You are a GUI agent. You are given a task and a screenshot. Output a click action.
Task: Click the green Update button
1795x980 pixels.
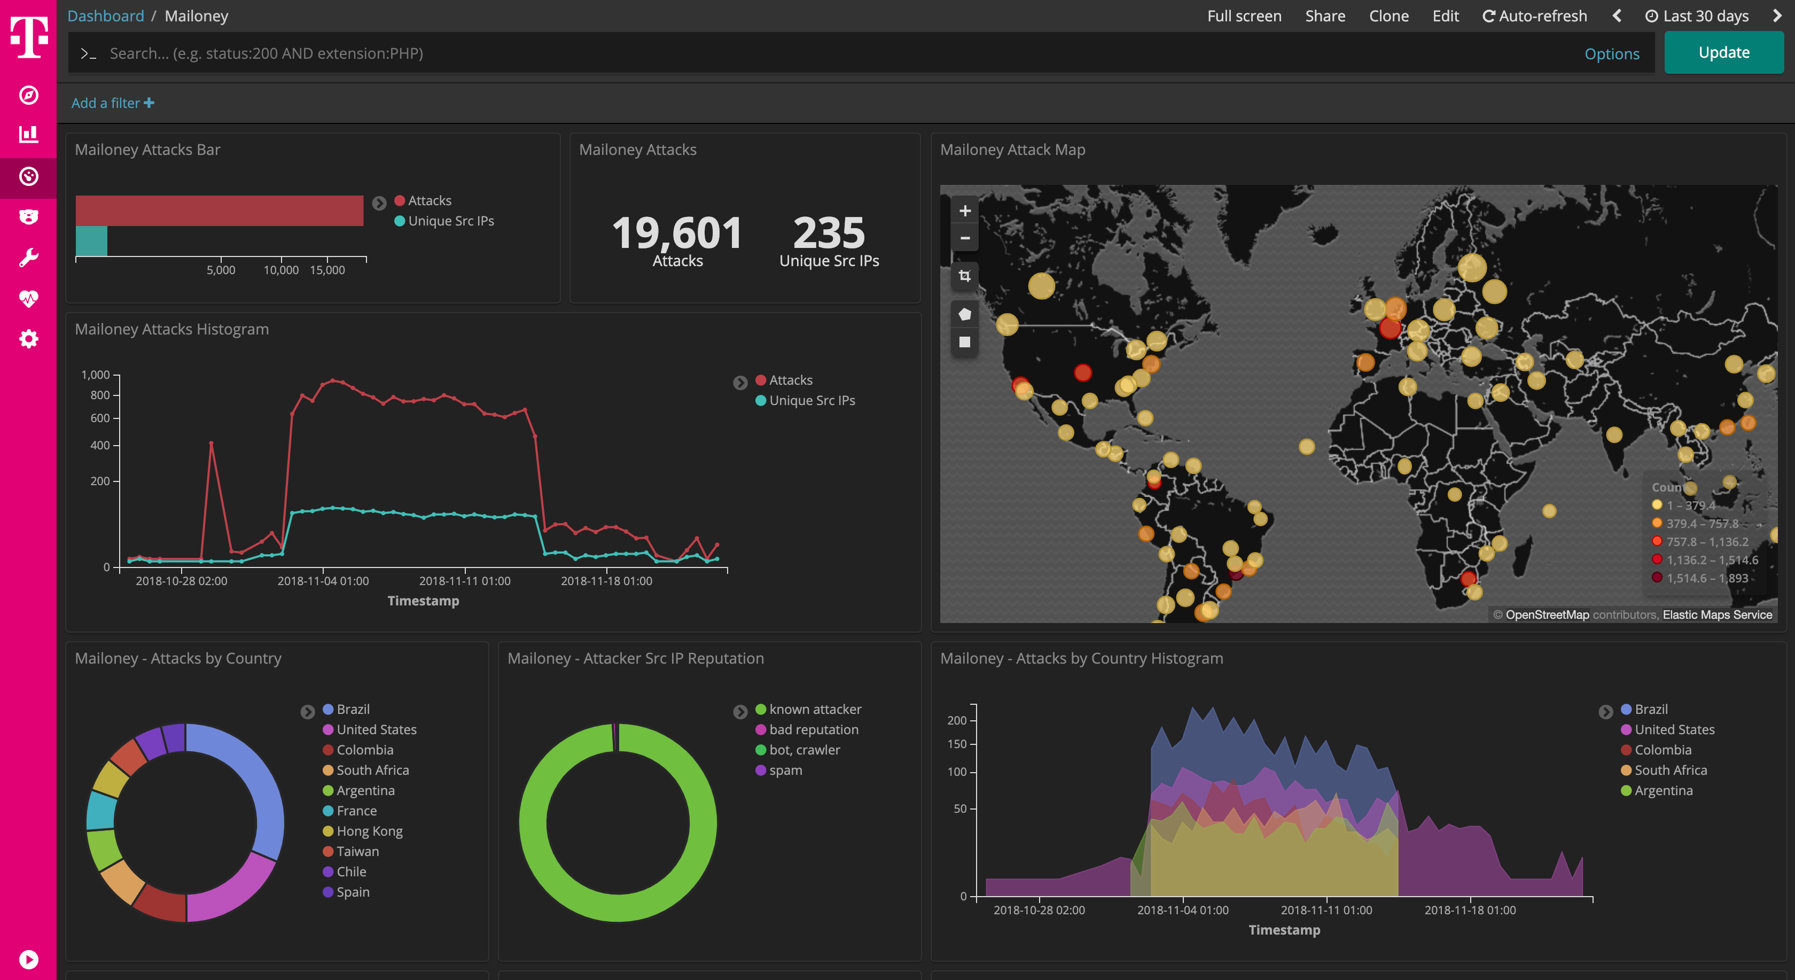point(1723,53)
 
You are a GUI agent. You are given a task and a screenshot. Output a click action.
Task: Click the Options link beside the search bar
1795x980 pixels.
point(1611,53)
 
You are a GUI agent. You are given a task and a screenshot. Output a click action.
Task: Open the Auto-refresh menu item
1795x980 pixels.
point(1534,16)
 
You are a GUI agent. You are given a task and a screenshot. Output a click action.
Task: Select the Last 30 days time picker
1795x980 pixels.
point(1697,16)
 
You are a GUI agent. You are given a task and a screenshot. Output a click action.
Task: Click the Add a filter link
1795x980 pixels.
point(112,103)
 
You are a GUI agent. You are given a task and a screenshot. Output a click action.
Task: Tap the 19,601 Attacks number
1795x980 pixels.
point(677,233)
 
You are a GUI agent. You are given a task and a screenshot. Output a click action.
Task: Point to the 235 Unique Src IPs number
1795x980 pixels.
point(829,233)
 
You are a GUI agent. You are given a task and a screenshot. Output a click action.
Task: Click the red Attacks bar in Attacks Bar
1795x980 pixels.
point(220,211)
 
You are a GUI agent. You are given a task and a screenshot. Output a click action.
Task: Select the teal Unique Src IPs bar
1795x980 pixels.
point(91,241)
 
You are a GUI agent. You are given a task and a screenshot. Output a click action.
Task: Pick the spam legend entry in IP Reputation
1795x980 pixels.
point(785,770)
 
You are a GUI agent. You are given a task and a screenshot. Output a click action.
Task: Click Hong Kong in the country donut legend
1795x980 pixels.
point(369,831)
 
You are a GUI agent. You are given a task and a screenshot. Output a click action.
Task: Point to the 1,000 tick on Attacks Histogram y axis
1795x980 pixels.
point(96,375)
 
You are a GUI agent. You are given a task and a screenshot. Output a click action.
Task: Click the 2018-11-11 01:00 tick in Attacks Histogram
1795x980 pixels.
point(465,581)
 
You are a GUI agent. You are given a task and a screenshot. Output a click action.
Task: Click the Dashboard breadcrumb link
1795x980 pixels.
point(106,16)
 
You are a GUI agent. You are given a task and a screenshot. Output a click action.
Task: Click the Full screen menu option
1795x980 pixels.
point(1244,16)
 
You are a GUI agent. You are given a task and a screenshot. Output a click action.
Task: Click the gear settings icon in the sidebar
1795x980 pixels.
point(28,339)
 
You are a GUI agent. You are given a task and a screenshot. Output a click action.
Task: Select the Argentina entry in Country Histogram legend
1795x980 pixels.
point(1663,790)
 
